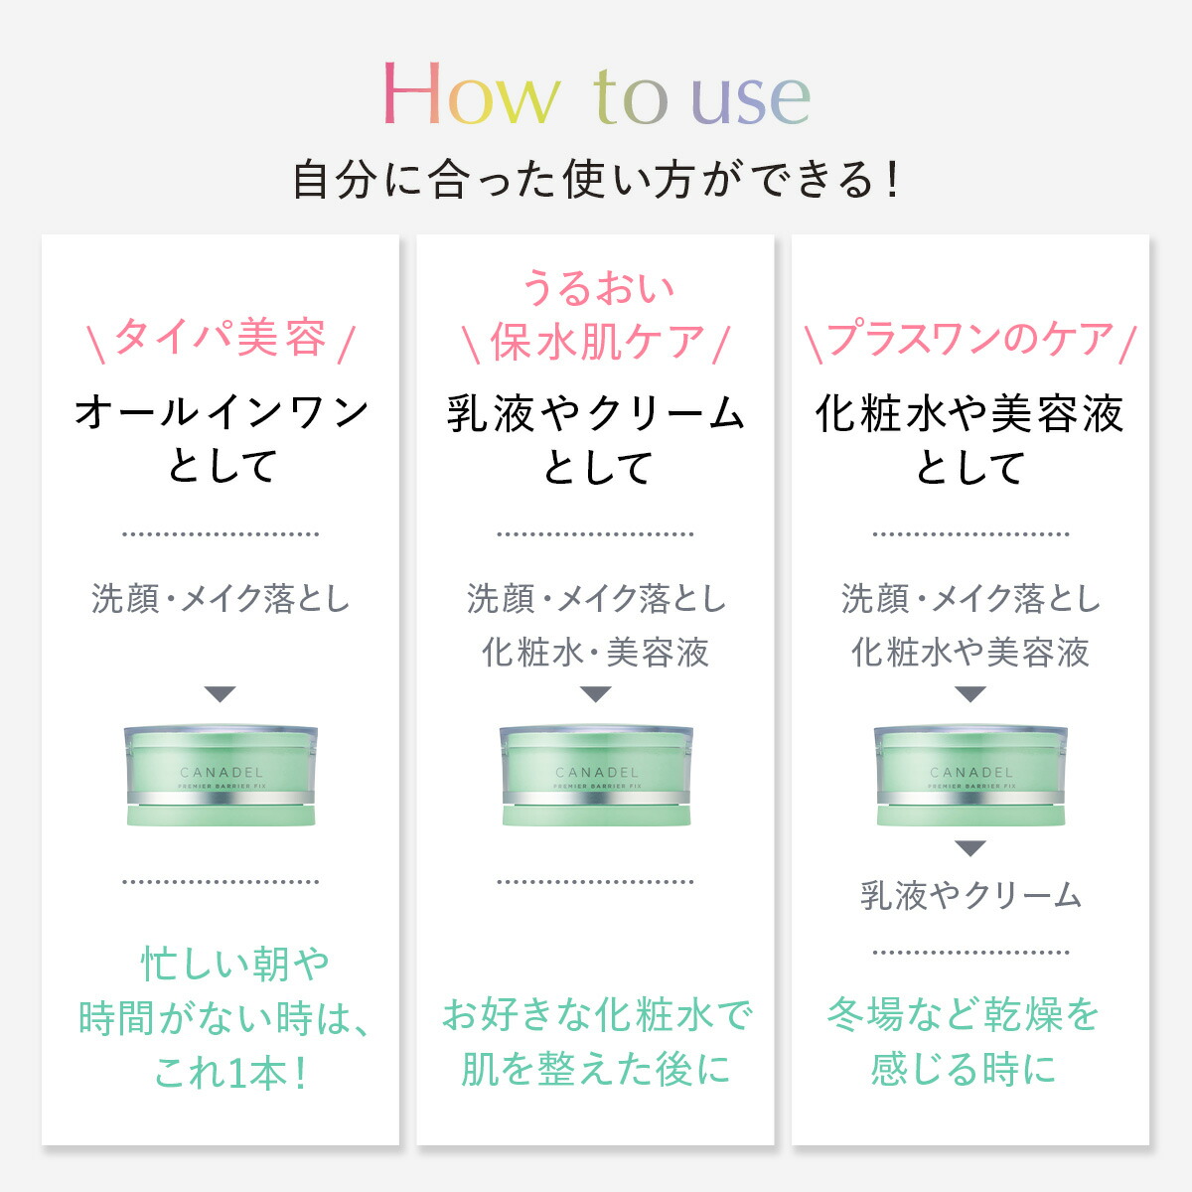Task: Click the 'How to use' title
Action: coord(596,95)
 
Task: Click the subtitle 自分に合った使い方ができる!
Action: coord(596,181)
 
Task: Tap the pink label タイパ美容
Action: coord(221,339)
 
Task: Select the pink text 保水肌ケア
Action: coord(596,343)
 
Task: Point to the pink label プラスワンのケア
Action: coord(969,339)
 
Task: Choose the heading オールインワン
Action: coord(221,412)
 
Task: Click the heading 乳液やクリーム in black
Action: coord(596,413)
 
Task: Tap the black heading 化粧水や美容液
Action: coord(969,413)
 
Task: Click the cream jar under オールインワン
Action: coord(221,775)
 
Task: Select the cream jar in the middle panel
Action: coord(596,775)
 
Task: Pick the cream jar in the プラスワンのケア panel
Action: coord(970,775)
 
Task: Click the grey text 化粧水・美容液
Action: coord(596,653)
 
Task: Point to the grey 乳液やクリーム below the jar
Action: coord(970,895)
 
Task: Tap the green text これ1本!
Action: coord(230,1073)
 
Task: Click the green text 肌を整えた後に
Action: coord(596,1069)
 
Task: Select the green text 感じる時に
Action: coord(964,1069)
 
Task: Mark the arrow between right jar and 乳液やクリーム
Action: coord(970,848)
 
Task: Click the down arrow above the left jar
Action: coord(221,694)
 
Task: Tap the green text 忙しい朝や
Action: coord(234,964)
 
